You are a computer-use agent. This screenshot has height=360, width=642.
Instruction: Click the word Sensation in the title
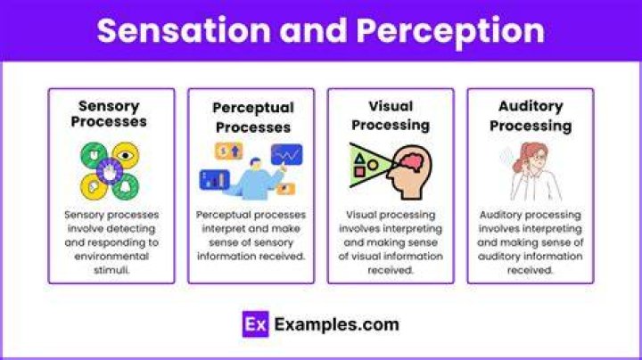[x=184, y=30]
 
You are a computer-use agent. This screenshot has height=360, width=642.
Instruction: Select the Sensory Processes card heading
[x=109, y=114]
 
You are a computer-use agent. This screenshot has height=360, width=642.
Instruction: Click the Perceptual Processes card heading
[x=253, y=118]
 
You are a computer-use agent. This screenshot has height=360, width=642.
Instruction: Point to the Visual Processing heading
[x=391, y=116]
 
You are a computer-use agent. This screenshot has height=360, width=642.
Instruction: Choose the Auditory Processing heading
[x=531, y=116]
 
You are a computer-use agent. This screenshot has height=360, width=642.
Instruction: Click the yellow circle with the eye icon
[x=126, y=155]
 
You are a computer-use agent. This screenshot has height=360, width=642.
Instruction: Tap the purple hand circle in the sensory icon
[x=110, y=171]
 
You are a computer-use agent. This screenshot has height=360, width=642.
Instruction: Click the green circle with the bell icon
[x=126, y=187]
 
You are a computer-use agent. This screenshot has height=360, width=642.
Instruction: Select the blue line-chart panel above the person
[x=286, y=154]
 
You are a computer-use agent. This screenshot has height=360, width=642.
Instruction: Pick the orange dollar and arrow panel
[x=229, y=151]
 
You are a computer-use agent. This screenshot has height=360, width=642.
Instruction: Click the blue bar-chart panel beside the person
[x=215, y=180]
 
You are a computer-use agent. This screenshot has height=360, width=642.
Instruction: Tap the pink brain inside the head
[x=412, y=162]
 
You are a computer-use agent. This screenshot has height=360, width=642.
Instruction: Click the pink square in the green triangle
[x=359, y=172]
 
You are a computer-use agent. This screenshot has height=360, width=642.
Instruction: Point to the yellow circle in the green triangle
[x=373, y=165]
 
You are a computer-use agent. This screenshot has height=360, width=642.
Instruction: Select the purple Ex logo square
[x=256, y=324]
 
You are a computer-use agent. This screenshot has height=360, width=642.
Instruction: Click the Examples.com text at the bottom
[x=336, y=324]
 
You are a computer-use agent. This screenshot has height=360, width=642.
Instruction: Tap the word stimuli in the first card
[x=111, y=270]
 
